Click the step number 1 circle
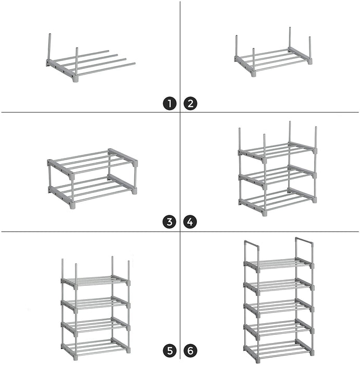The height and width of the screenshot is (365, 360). pos(169,104)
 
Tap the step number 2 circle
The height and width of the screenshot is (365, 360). pos(190,104)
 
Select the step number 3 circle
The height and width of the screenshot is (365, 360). pos(169,222)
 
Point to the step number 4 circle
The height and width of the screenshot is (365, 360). pos(190,222)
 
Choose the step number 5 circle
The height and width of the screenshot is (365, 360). pos(170,351)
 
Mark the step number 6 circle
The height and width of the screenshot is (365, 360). pos(190,351)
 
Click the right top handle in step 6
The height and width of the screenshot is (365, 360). pos(304,241)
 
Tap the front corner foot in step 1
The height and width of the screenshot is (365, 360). pos(76,79)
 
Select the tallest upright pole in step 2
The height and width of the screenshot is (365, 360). pos(290,38)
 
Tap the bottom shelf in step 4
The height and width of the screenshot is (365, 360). pos(278,201)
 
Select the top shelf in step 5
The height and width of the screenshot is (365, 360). pos(95,282)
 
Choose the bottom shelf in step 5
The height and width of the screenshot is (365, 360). pos(95,347)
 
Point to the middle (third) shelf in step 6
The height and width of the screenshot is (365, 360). pos(279,307)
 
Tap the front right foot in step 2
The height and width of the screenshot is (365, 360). pos(309,62)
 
